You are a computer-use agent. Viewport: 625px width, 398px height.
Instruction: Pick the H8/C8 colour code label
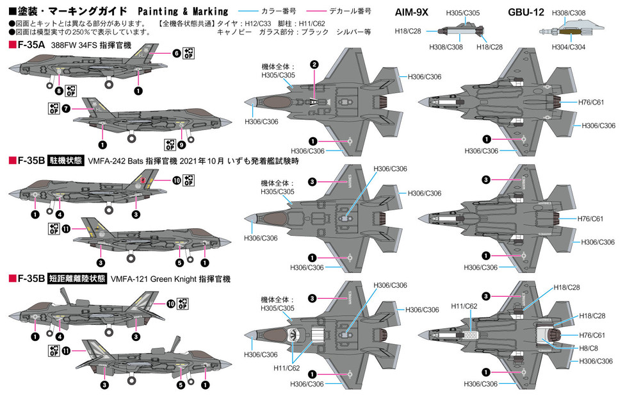[x=588, y=348]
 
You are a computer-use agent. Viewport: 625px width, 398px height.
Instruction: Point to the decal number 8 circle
[x=59, y=90]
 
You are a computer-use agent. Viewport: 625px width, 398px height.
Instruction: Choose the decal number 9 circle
[x=182, y=145]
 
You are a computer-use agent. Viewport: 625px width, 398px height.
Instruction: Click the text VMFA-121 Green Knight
[x=159, y=279]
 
